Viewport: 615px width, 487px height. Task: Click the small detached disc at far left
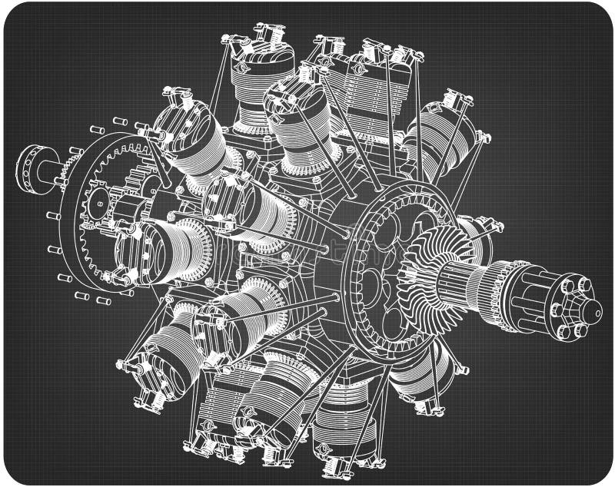[31, 169]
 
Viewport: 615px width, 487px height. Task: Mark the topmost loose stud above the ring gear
[119, 121]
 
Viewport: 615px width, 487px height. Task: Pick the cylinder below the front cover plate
[419, 369]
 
